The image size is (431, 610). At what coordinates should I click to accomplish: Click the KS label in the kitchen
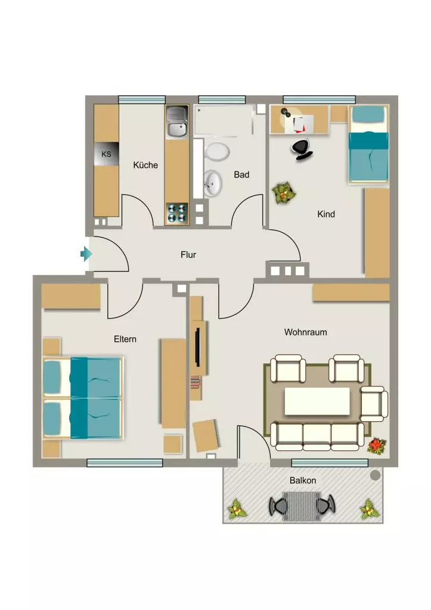click(x=106, y=154)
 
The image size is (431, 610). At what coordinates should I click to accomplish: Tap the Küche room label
click(x=145, y=165)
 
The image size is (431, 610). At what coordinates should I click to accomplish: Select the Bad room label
click(x=241, y=175)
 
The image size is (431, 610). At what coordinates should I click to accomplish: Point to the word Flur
click(x=188, y=255)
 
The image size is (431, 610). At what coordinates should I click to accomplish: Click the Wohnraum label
click(x=306, y=332)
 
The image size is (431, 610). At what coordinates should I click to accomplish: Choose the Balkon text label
click(x=303, y=481)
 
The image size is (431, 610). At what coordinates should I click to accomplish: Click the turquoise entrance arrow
click(x=86, y=254)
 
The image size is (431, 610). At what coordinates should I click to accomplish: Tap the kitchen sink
click(x=177, y=123)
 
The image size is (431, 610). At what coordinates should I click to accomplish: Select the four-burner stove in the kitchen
click(x=177, y=214)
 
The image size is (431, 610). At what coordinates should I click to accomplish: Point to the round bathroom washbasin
click(x=213, y=183)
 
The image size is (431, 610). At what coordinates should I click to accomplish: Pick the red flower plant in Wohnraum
click(x=377, y=446)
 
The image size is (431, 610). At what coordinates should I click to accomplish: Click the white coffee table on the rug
click(x=317, y=401)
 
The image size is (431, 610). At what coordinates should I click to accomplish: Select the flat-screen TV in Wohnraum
click(x=197, y=347)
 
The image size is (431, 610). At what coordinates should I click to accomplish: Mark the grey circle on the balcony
click(x=375, y=475)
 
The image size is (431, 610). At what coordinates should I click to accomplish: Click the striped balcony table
click(x=302, y=506)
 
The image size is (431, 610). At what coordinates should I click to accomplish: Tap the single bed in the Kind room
click(x=368, y=144)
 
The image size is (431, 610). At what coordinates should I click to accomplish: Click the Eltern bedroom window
click(x=125, y=462)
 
